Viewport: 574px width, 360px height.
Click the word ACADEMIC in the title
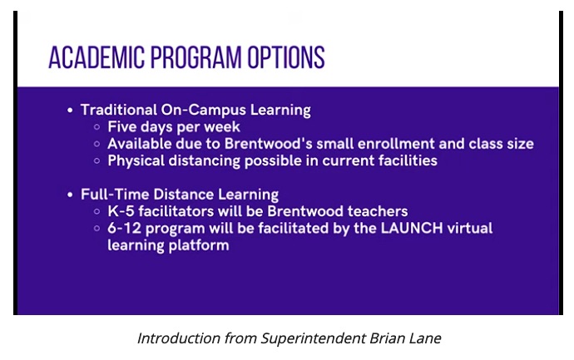[x=96, y=57]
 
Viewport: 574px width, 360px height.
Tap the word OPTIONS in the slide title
[x=286, y=57]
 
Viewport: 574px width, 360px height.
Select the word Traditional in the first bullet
[x=119, y=110]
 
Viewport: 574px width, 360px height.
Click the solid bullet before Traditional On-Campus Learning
[x=70, y=110]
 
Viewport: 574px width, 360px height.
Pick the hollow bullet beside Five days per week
[x=97, y=127]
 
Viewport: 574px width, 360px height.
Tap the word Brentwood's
[x=269, y=144]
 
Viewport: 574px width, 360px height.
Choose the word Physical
[x=136, y=161]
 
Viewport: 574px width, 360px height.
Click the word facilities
[x=408, y=160]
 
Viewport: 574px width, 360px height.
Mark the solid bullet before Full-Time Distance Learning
[x=70, y=195]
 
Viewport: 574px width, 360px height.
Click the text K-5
[x=121, y=211]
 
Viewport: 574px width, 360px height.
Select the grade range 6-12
[x=125, y=228]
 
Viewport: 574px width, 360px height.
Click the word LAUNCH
[x=412, y=228]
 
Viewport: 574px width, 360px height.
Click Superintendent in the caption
[x=313, y=338]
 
